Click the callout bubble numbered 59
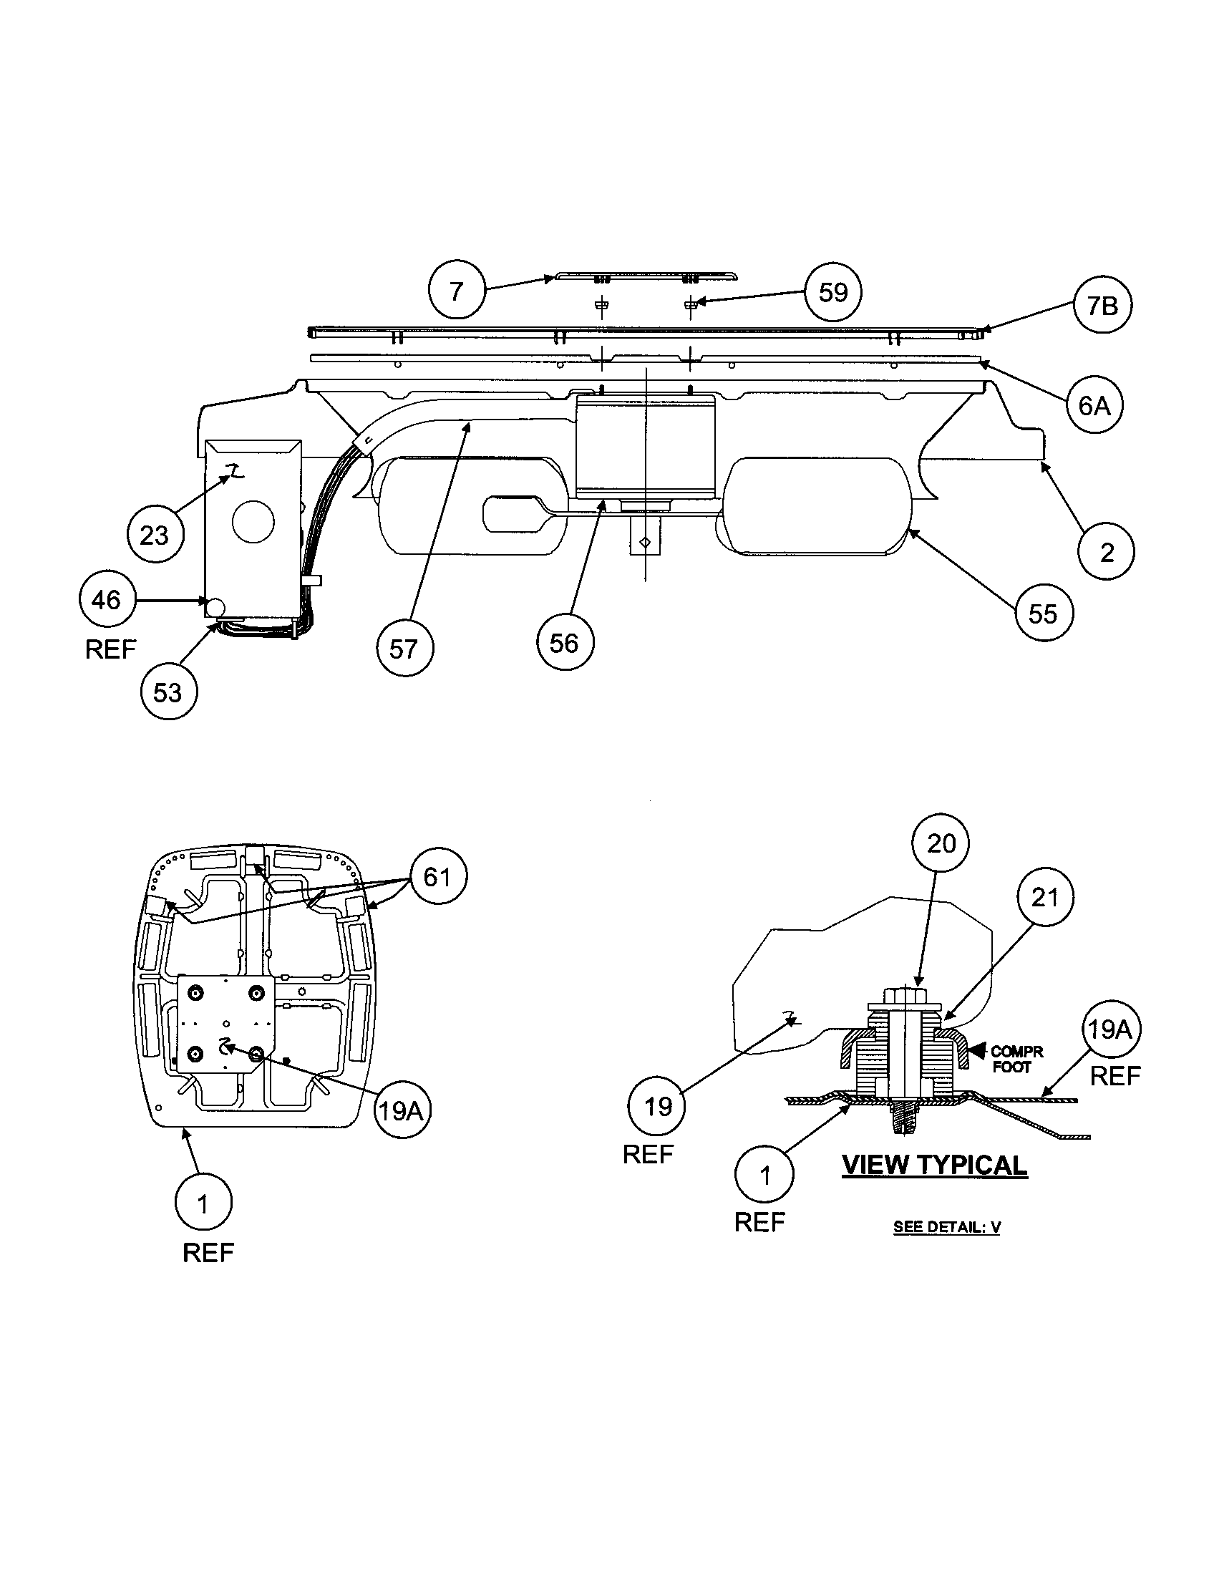[x=833, y=292]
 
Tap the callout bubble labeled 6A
[x=1094, y=405]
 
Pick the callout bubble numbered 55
[x=1042, y=614]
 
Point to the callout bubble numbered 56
[x=565, y=643]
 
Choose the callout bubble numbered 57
[x=404, y=649]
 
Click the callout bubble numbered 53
[x=169, y=692]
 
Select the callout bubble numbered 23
[x=155, y=535]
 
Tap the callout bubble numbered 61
[x=437, y=877]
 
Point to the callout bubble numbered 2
[x=1107, y=553]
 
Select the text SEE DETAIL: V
[x=946, y=1226]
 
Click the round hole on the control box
[x=253, y=522]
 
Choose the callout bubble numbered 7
[x=457, y=291]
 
